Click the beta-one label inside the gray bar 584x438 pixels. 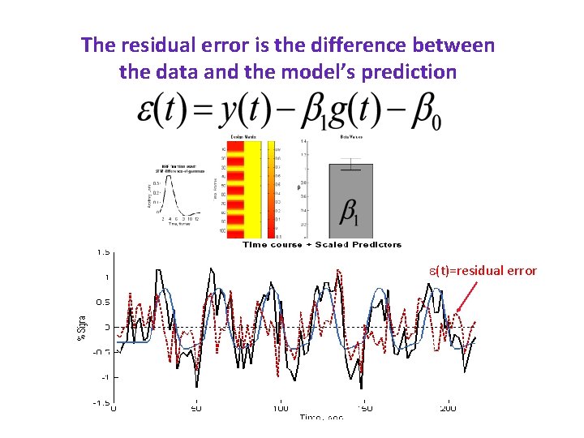coord(350,213)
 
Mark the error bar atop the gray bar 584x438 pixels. coord(350,165)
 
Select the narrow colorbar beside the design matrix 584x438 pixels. coord(277,190)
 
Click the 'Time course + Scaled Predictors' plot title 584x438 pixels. coord(322,244)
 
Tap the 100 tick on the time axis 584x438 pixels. coord(280,408)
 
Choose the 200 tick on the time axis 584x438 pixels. coord(447,408)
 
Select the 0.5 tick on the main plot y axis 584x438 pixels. coord(103,302)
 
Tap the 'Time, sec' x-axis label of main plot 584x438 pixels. coord(320,417)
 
